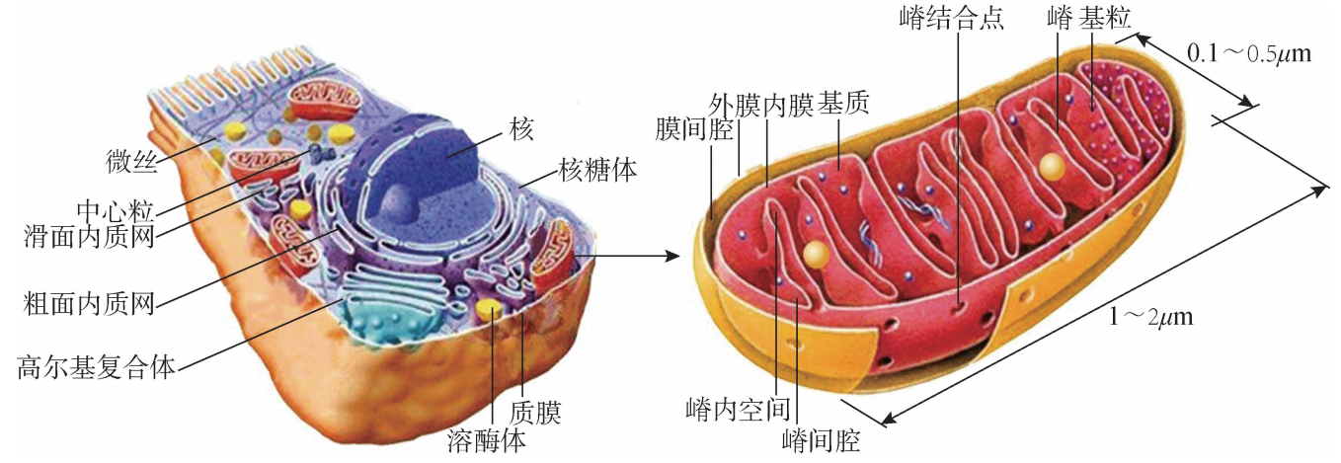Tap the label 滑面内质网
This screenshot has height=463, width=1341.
90,237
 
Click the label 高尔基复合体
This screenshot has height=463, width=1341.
97,368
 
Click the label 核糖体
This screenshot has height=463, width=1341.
597,170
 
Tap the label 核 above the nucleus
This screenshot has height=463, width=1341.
521,128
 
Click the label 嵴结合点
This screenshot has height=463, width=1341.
952,19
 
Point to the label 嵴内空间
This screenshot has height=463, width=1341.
738,408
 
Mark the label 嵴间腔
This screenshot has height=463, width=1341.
820,438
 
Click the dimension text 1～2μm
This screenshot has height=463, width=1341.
1150,318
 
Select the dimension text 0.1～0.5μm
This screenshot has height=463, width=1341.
1248,52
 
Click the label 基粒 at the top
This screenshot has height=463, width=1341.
1104,16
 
